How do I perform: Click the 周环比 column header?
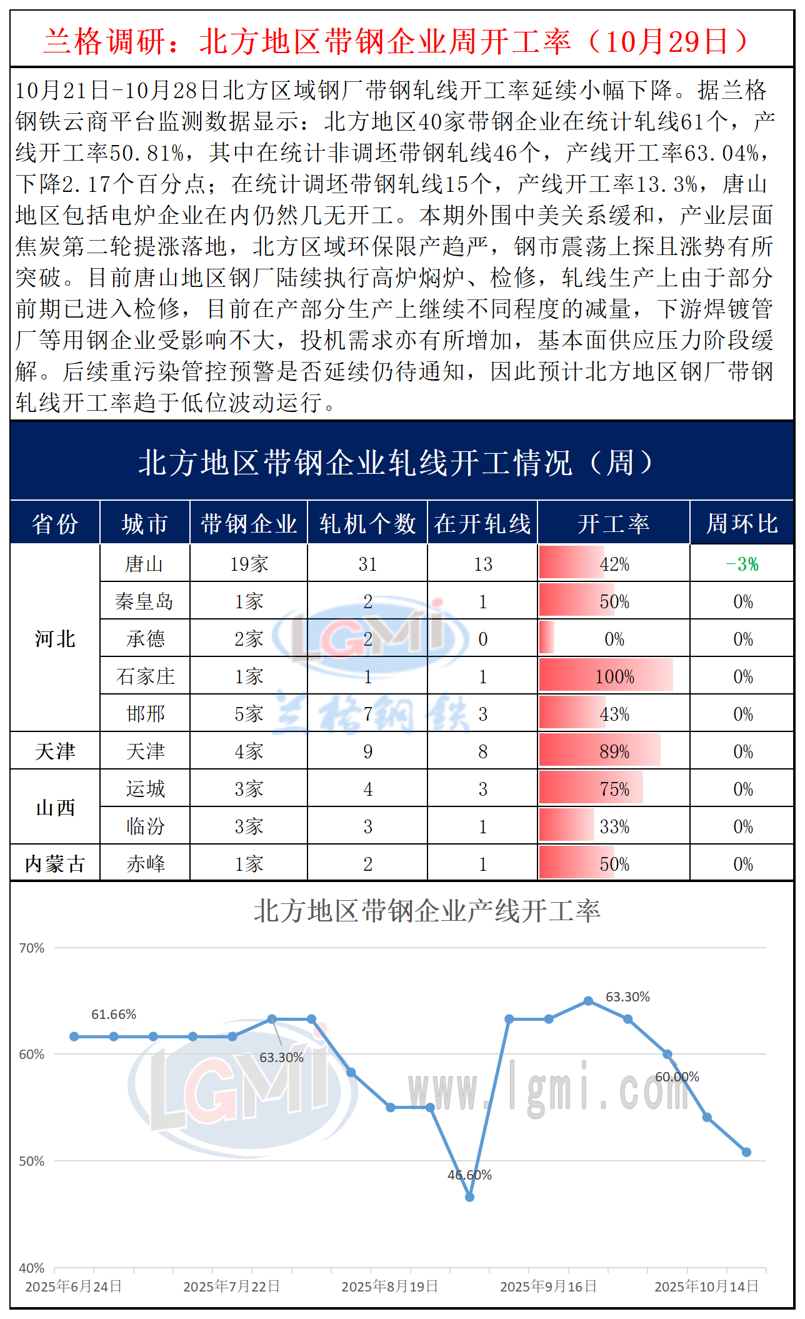pos(742,523)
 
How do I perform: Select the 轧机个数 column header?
pos(367,523)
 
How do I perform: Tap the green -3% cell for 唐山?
pos(742,564)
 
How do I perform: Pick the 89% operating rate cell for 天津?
pos(614,751)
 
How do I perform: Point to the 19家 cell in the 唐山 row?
pos(249,564)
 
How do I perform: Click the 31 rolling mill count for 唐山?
pos(367,564)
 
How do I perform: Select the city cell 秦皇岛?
pos(144,601)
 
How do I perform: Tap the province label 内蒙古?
pos(55,864)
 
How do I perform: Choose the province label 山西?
pos(55,808)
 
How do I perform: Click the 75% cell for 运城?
pos(614,789)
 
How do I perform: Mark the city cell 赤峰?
pos(145,864)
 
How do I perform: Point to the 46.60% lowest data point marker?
pos(470,1197)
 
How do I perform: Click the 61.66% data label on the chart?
pos(114,1015)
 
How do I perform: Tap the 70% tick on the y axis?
pos(31,948)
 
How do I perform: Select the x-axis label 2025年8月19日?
pos(389,1286)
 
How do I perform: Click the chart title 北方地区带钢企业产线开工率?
pos(427,911)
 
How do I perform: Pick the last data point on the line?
pos(746,1152)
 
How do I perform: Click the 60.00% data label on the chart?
pos(677,1077)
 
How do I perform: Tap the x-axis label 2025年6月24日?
pos(73,1286)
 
